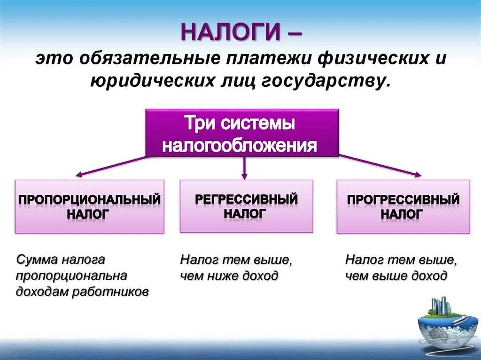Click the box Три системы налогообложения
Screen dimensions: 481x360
(x=242, y=133)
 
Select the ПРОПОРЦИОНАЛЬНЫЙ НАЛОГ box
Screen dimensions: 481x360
(x=89, y=207)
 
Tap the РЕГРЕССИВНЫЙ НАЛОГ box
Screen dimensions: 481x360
(x=246, y=206)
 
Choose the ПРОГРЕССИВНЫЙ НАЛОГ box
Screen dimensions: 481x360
(x=403, y=207)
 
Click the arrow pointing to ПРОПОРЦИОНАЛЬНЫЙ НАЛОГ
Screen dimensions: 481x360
(x=110, y=167)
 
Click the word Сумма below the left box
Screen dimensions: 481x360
(x=34, y=259)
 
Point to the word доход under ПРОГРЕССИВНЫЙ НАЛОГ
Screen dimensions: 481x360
(x=430, y=276)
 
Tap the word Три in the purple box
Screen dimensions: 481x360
(x=194, y=124)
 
